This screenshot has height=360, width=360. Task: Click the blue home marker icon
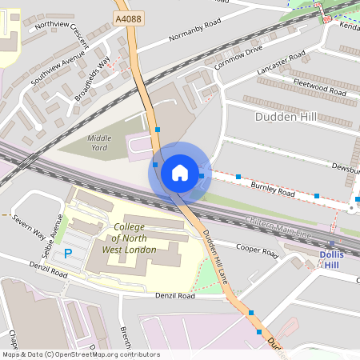(x=179, y=172)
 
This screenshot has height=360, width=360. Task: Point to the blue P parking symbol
(x=68, y=253)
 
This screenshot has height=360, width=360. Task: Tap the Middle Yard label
(x=99, y=142)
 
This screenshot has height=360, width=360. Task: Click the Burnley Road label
(x=273, y=190)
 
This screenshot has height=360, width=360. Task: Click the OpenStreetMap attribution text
(x=80, y=354)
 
